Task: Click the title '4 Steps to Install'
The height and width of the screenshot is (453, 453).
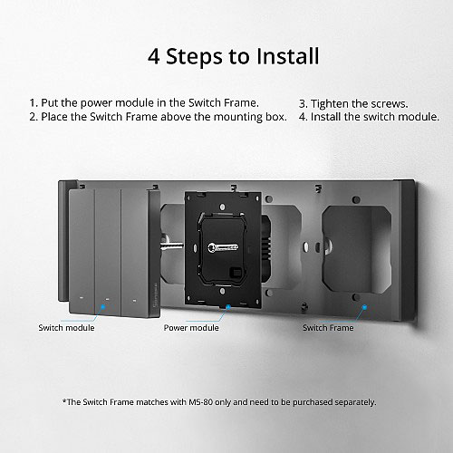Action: (233, 56)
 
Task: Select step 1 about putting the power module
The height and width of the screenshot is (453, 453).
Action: (144, 103)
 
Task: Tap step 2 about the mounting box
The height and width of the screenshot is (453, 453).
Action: (158, 117)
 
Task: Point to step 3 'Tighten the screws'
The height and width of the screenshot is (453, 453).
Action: (353, 104)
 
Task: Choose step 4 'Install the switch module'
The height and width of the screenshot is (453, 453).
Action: (369, 117)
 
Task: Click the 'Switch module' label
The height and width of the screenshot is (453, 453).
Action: (66, 328)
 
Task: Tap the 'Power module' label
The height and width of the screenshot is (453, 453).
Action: (191, 328)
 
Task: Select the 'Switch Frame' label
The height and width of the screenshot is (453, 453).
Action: (328, 328)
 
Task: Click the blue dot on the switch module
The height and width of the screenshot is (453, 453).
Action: (103, 307)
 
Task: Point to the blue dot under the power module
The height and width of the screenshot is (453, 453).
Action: (228, 307)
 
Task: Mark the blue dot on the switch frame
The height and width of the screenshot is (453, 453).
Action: (364, 307)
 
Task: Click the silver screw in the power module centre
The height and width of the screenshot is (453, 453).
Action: (223, 247)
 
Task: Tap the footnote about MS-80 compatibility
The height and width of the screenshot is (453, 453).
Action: (219, 402)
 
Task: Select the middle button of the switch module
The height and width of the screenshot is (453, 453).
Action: (108, 253)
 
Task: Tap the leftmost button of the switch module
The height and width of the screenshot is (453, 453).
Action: (82, 251)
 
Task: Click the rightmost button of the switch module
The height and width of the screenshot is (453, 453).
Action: (135, 253)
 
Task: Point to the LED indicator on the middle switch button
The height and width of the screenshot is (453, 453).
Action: (107, 299)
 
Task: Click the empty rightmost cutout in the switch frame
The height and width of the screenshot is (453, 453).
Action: (356, 250)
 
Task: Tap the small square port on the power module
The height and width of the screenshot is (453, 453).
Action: (235, 273)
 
